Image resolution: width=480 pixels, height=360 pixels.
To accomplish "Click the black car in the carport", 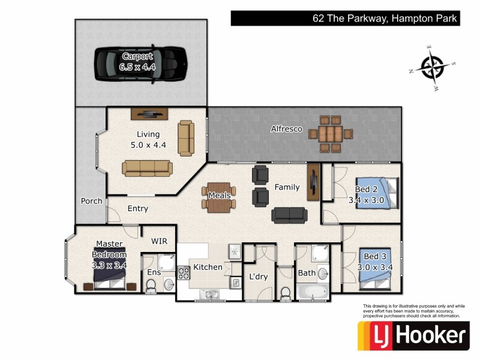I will click(x=142, y=62).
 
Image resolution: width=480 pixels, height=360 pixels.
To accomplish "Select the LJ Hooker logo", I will click(x=413, y=335).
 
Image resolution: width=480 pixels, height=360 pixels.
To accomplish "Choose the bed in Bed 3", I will click(x=374, y=268).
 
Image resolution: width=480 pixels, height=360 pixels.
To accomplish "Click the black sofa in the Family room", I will click(x=289, y=215).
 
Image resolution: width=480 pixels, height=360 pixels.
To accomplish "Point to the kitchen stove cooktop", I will click(x=183, y=273).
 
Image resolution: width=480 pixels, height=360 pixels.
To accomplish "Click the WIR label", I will click(x=159, y=241).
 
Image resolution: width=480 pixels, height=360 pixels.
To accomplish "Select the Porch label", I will click(x=91, y=201).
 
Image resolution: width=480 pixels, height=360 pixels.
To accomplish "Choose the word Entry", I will click(x=137, y=209).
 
